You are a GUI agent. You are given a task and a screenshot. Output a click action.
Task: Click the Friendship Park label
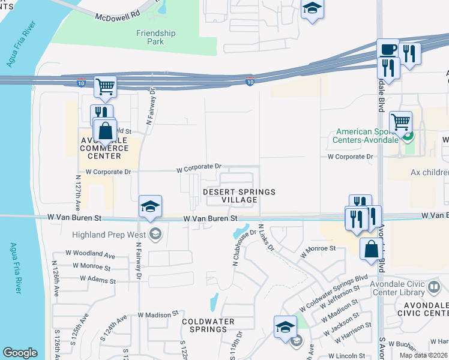point(155,38)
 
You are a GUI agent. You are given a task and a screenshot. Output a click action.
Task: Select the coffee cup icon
point(388,50)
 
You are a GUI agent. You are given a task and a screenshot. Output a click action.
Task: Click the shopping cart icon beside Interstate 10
point(105,88)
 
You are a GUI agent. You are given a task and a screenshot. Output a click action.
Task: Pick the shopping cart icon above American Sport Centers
point(400,122)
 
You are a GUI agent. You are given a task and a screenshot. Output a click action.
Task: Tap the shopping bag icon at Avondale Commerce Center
point(106,130)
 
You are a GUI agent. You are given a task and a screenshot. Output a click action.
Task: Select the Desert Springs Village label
point(239,196)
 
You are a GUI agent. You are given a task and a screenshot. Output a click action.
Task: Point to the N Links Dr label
point(265,238)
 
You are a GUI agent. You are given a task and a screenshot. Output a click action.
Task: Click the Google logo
point(20,352)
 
